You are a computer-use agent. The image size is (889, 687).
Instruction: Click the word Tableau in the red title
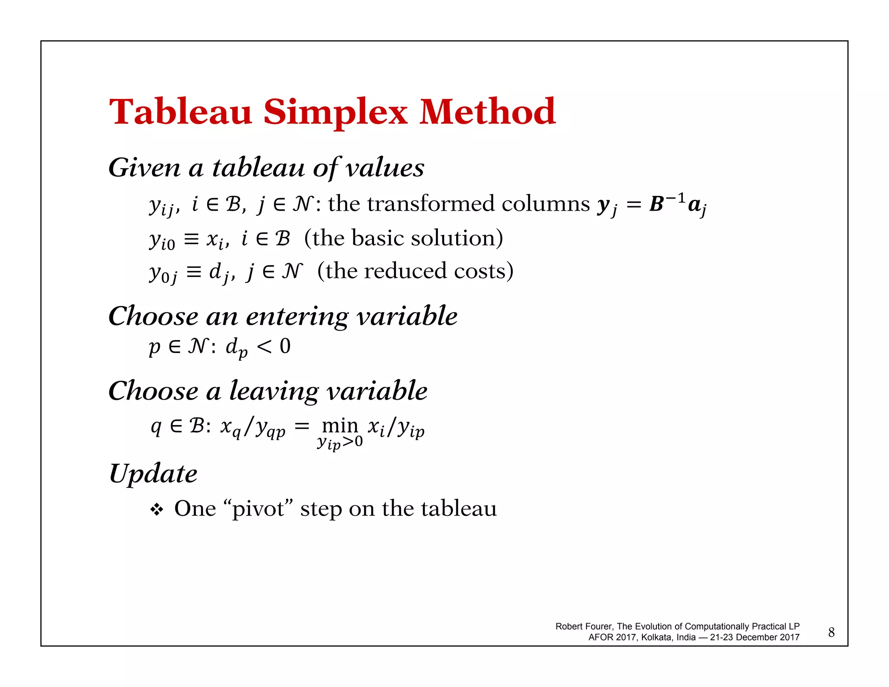coord(180,112)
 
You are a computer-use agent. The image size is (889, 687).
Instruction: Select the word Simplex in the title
coord(335,112)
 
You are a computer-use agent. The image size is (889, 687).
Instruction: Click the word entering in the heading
coord(297,316)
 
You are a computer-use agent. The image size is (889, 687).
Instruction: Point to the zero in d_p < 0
coord(285,347)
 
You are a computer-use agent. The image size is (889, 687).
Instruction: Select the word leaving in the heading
coord(273,391)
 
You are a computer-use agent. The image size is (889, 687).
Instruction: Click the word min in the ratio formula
coord(340,426)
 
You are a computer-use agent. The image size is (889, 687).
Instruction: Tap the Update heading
coord(153,473)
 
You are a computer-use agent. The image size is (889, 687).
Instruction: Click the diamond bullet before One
coord(156,509)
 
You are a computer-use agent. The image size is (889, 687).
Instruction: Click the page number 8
coord(831,632)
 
